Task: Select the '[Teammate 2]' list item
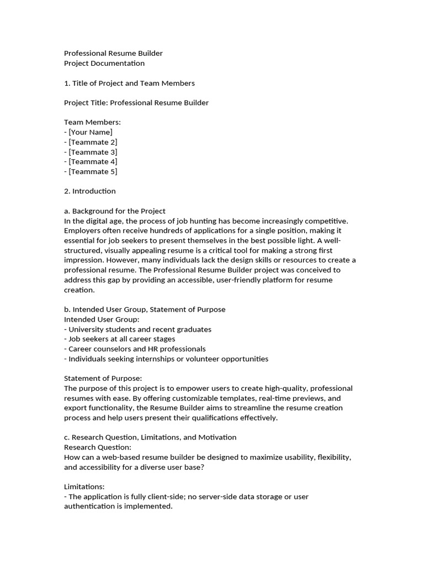[x=93, y=142]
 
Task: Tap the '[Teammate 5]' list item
[x=93, y=171]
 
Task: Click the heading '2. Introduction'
[x=90, y=191]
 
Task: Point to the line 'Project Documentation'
[x=104, y=63]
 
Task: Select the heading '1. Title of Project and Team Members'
[x=129, y=83]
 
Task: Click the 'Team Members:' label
[x=92, y=122]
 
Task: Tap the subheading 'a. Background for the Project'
[x=115, y=211]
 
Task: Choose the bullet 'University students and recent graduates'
[x=140, y=329]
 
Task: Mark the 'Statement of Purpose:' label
[x=103, y=379]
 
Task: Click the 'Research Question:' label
[x=98, y=447]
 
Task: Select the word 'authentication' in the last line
[x=89, y=506]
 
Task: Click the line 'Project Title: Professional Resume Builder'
[x=136, y=103]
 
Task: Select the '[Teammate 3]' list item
[x=93, y=152]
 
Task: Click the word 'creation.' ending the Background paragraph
[x=79, y=290]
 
